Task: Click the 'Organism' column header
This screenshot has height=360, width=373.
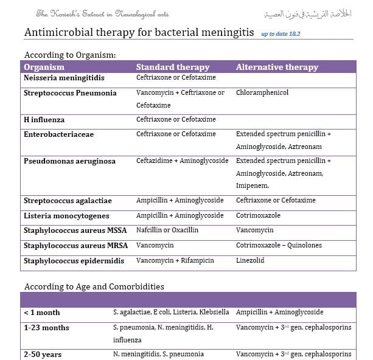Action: [44, 67]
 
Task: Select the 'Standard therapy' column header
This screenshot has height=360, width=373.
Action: [172, 67]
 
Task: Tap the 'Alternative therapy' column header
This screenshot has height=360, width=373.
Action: [277, 67]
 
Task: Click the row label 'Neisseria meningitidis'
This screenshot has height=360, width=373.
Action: [64, 78]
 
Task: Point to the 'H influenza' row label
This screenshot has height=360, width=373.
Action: [44, 120]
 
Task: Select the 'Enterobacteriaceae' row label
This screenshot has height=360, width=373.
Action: [58, 134]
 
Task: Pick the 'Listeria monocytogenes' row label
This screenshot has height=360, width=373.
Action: [66, 216]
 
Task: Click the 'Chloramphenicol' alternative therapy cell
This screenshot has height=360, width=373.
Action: [262, 93]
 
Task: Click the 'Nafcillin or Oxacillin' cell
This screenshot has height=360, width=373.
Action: [167, 230]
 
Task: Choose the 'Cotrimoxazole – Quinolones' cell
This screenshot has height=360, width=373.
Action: [279, 246]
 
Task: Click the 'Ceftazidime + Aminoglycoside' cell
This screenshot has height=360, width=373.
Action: [182, 161]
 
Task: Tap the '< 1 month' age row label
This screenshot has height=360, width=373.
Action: [42, 313]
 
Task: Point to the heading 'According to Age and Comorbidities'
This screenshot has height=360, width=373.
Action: [94, 286]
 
